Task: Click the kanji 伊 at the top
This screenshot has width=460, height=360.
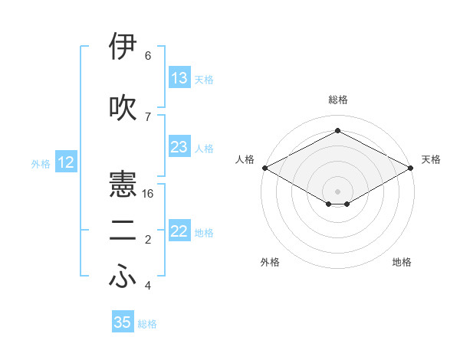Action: [123, 47]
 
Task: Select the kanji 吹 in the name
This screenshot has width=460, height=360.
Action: [123, 108]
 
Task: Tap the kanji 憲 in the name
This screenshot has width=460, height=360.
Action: [123, 185]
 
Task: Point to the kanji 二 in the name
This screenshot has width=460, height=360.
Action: [123, 231]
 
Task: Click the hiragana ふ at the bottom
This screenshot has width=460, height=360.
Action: [123, 278]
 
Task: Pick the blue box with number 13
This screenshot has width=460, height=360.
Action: [179, 78]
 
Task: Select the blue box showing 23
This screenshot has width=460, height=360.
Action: [179, 147]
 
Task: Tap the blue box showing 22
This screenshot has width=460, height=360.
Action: [179, 231]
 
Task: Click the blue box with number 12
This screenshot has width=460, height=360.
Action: [66, 162]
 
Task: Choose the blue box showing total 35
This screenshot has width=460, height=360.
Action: [123, 322]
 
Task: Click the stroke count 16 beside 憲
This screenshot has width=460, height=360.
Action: [149, 194]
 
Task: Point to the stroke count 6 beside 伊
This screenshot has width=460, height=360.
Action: [148, 56]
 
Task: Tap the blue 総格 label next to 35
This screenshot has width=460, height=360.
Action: [148, 324]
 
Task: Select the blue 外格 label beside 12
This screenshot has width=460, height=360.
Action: [41, 163]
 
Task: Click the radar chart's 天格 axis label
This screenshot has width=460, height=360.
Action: [431, 159]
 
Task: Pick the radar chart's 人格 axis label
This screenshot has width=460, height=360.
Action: [245, 159]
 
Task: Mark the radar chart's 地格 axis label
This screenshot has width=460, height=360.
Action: [402, 262]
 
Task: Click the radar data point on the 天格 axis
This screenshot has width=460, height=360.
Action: [411, 168]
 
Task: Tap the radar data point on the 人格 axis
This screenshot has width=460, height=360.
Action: [264, 168]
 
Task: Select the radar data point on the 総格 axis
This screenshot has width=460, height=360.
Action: [337, 131]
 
